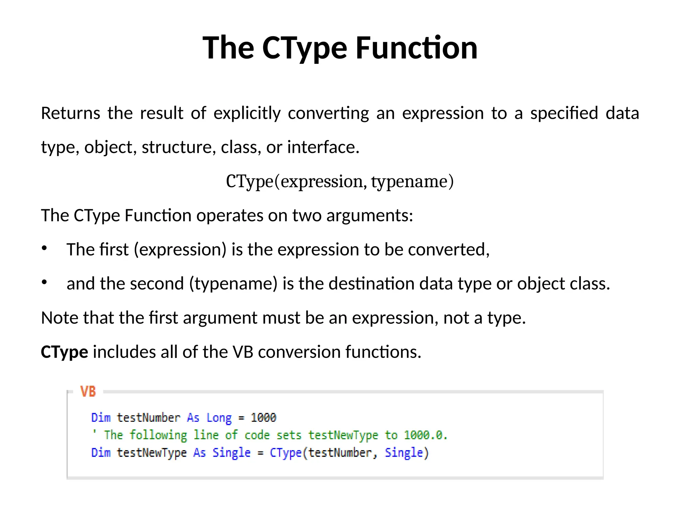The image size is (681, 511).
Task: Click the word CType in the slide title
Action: click(305, 48)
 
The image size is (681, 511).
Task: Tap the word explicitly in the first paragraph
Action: click(247, 113)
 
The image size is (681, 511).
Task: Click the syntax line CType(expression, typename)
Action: click(340, 181)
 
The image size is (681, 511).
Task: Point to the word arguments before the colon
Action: click(367, 216)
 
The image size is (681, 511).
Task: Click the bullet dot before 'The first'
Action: click(44, 248)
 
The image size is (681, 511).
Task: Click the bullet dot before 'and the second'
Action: click(44, 282)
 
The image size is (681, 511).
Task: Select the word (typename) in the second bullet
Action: click(233, 284)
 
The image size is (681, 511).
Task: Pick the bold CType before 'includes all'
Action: click(65, 352)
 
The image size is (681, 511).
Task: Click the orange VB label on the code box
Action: click(88, 392)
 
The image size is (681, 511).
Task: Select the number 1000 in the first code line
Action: click(263, 418)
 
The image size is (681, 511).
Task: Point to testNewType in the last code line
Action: click(152, 453)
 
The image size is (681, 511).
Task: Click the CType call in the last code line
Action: click(285, 453)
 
